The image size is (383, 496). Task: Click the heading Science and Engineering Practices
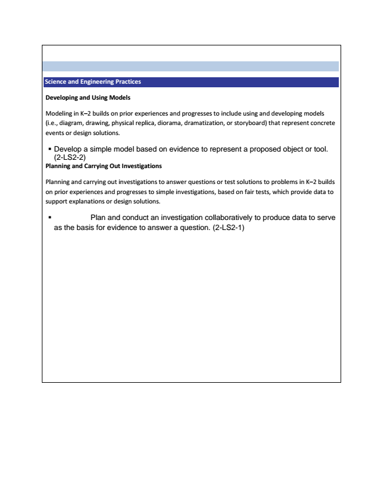(93, 82)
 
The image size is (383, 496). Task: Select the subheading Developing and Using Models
(84, 97)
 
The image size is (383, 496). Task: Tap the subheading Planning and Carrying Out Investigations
(104, 166)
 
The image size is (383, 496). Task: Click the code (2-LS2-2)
(70, 157)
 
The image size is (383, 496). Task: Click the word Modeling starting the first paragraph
(59, 112)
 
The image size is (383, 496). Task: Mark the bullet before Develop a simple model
(49, 149)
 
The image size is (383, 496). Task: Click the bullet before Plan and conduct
(49, 218)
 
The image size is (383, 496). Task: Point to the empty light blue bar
(190, 66)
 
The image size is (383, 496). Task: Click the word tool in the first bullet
(319, 149)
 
